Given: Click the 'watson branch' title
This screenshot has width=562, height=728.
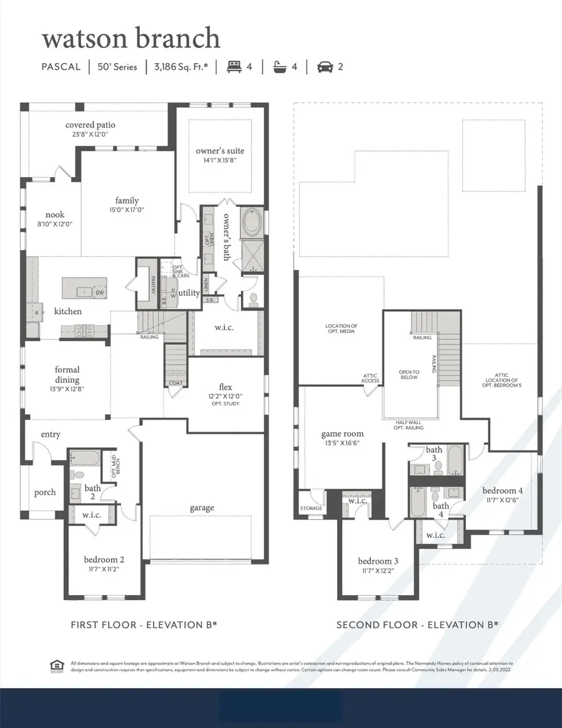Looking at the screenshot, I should (x=131, y=38).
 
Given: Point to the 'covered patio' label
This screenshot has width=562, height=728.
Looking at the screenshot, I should (x=91, y=125).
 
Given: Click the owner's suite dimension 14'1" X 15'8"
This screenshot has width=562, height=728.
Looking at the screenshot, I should (x=220, y=160).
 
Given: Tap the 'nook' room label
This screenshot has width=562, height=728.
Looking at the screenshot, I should (x=55, y=215).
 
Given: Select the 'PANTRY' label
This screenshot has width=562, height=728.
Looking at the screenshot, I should (x=152, y=284).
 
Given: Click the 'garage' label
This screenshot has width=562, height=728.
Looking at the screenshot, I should (x=202, y=508).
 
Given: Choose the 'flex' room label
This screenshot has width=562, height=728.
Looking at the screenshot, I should (x=225, y=386).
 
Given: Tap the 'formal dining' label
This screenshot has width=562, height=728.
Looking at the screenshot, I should (x=66, y=374).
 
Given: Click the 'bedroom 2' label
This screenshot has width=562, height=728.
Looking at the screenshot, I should (x=104, y=559).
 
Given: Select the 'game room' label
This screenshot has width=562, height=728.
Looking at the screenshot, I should (x=342, y=434).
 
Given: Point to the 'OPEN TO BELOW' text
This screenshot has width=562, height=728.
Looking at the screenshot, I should (x=409, y=374).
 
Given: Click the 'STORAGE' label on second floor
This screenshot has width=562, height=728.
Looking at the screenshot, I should (x=311, y=508).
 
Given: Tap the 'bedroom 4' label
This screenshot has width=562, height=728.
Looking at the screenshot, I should (x=503, y=490).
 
